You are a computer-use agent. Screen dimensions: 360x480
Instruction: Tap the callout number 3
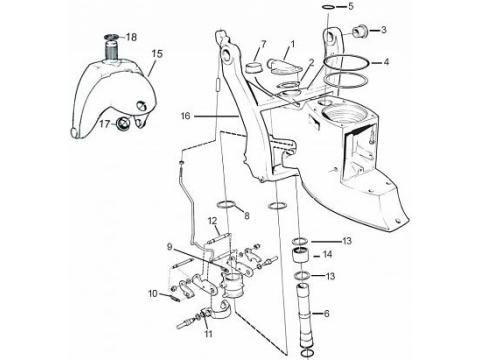click(382, 29)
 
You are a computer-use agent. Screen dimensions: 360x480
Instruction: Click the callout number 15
click(156, 54)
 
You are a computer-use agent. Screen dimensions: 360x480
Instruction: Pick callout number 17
click(104, 124)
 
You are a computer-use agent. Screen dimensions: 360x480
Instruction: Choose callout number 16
click(185, 117)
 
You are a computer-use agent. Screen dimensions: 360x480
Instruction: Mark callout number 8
click(247, 215)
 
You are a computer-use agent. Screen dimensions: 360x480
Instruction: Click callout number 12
click(213, 221)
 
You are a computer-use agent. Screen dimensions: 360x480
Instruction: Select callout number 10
click(153, 293)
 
